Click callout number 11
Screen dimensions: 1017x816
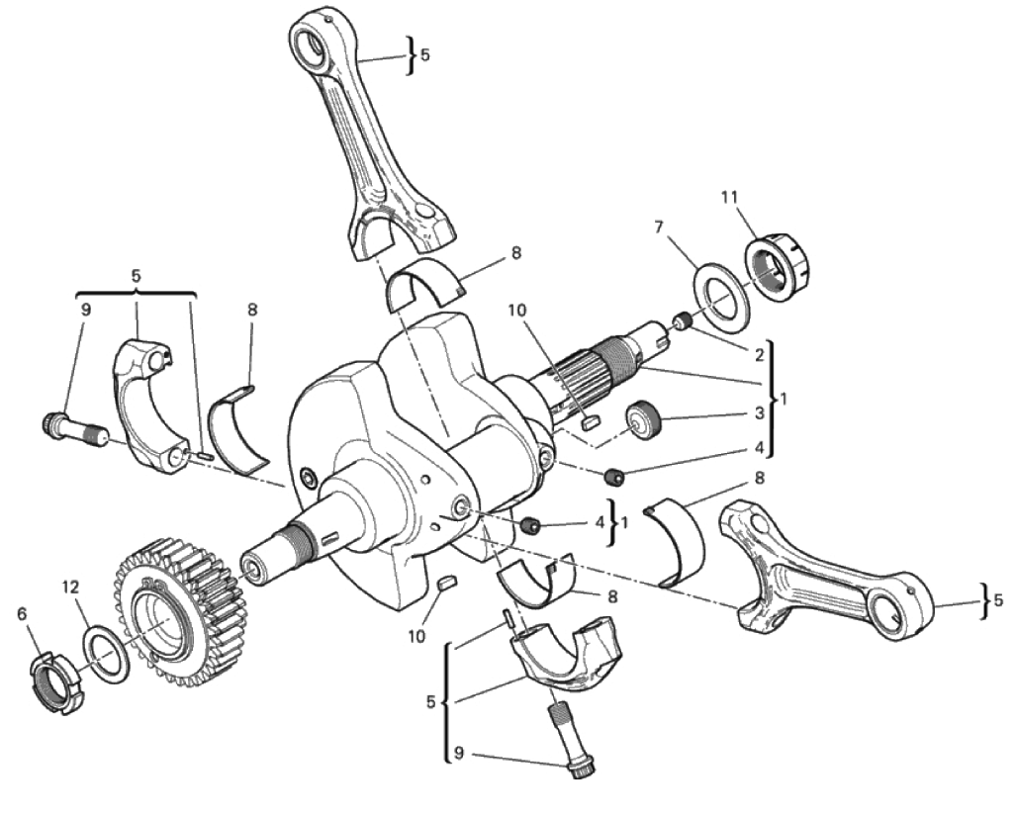[x=730, y=197]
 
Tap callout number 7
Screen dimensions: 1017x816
[x=658, y=227]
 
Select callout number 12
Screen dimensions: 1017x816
[x=70, y=588]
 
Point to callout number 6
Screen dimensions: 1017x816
[x=23, y=613]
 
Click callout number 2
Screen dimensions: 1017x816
[x=759, y=355]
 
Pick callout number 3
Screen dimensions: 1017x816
[x=759, y=413]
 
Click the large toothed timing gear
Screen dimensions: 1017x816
[x=181, y=612]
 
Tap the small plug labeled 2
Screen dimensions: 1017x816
[x=682, y=321]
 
